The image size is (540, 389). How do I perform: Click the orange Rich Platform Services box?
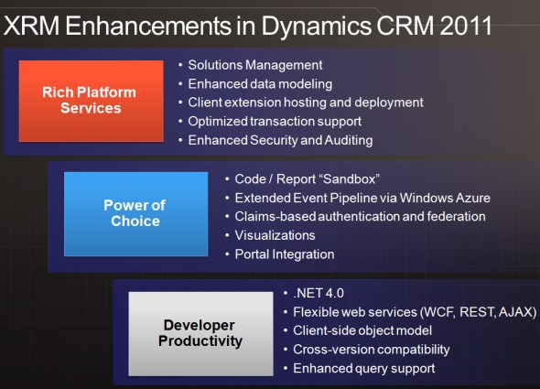tap(91, 101)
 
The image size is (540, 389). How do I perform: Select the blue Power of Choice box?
tap(135, 214)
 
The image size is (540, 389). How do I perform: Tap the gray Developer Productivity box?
tap(200, 333)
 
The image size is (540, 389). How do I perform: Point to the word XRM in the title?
tap(31, 26)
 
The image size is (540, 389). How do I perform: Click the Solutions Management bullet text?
tap(255, 65)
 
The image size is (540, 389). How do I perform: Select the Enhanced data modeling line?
tap(260, 84)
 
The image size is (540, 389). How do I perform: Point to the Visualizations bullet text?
tap(275, 235)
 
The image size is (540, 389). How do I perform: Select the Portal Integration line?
tap(285, 254)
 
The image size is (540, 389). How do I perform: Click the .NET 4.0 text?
tap(319, 293)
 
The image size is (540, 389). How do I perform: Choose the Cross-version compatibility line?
tap(372, 350)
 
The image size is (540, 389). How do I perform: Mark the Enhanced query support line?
tap(364, 369)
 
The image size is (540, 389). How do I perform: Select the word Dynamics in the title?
tap(317, 27)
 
